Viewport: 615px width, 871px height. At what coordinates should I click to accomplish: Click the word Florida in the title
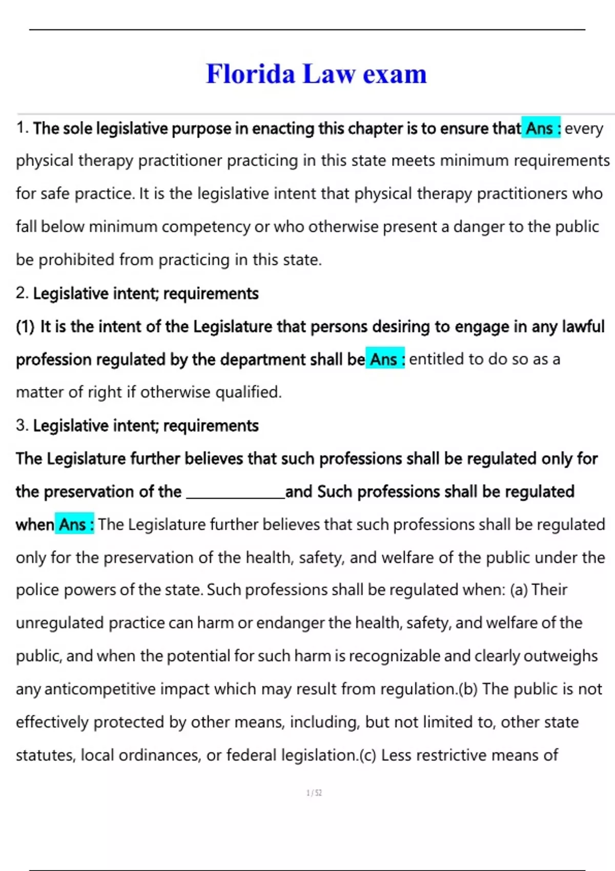pyautogui.click(x=251, y=74)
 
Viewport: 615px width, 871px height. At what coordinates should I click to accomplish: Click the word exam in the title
pyautogui.click(x=395, y=74)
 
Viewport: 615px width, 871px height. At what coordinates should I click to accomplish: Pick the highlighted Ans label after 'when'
pyautogui.click(x=75, y=525)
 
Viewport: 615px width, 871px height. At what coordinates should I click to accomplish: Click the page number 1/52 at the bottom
pyautogui.click(x=314, y=793)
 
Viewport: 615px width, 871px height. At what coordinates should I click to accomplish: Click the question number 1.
pyautogui.click(x=22, y=128)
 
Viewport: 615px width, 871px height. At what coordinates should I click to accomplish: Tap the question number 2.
pyautogui.click(x=22, y=293)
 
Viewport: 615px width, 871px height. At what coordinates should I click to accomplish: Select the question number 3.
pyautogui.click(x=22, y=425)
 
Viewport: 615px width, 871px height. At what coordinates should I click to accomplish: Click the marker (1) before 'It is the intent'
pyautogui.click(x=25, y=326)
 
